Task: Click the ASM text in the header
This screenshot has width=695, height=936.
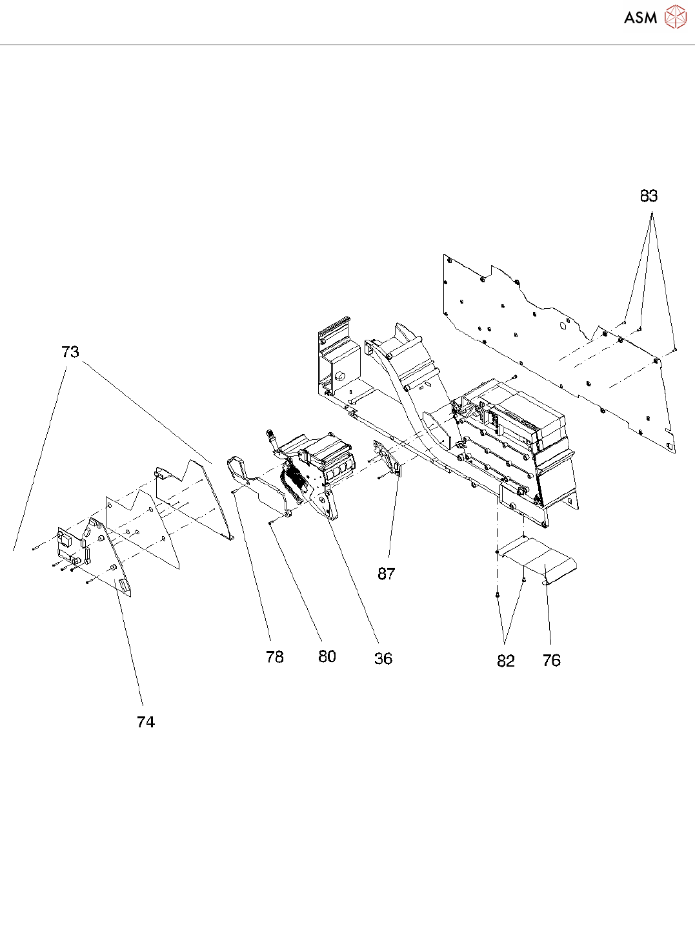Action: pos(640,17)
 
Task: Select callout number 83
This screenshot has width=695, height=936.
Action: pos(649,196)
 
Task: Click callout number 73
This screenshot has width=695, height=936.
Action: pos(70,352)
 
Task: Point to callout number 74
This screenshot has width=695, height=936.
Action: pos(146,722)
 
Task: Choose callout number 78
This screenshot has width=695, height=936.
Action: pos(275,657)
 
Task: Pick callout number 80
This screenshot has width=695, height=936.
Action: pos(327,656)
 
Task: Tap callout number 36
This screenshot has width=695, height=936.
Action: pos(383,658)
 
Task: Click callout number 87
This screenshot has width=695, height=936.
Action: pos(387,574)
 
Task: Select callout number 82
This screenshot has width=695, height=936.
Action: pos(506,661)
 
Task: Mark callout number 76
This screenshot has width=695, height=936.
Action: pos(552,660)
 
